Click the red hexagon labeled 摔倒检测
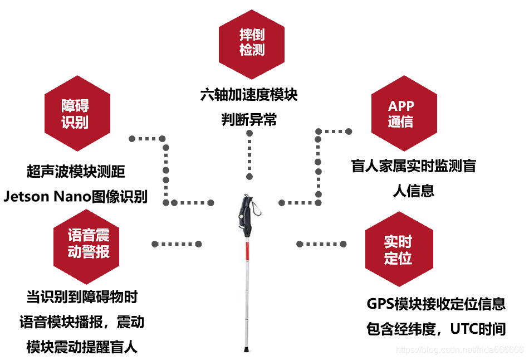(x=252, y=42)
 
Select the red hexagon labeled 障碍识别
(x=76, y=113)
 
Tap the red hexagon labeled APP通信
(x=401, y=113)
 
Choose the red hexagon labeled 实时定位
(x=398, y=249)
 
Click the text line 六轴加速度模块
(x=249, y=95)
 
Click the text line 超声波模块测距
(x=80, y=171)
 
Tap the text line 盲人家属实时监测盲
(x=413, y=166)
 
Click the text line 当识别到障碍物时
(x=82, y=296)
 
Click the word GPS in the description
(x=380, y=304)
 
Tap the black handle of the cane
(x=247, y=215)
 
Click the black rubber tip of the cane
(x=246, y=351)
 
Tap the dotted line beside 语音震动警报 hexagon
(x=176, y=244)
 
